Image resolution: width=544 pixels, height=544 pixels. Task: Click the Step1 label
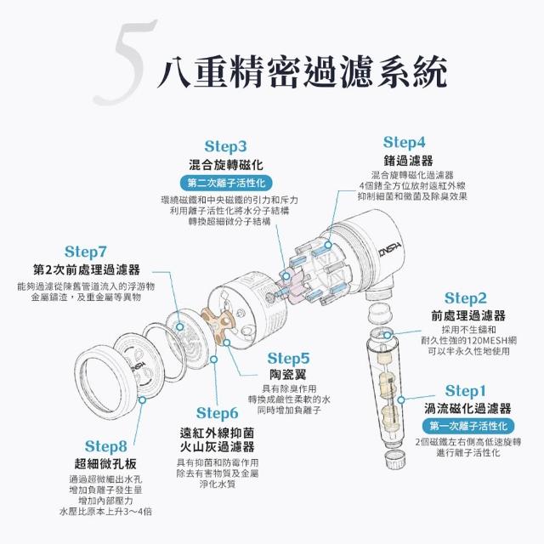[x=465, y=391]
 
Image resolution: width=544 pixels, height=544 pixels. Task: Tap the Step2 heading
[x=465, y=298]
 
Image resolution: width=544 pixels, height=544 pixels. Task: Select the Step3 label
[x=225, y=146]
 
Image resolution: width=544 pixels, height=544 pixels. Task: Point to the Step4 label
[x=404, y=142]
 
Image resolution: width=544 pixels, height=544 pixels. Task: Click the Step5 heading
[x=288, y=359]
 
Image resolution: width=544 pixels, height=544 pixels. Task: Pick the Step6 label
[x=218, y=413]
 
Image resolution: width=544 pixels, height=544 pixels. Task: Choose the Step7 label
[x=85, y=252]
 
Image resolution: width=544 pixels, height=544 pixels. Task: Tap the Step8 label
[x=105, y=446]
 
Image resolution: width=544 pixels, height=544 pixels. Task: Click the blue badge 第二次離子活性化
[x=226, y=184]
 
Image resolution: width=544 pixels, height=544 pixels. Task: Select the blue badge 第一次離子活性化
[x=468, y=426]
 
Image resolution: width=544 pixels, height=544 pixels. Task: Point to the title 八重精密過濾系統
[x=302, y=72]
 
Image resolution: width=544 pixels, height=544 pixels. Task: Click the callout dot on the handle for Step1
[x=401, y=399]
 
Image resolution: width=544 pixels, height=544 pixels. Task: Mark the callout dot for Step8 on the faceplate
[x=142, y=399]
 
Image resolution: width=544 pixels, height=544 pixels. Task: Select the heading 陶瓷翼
[x=288, y=375]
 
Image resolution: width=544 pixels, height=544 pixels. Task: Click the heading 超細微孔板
[x=105, y=463]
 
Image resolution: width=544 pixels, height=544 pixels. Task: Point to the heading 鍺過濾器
[x=408, y=161]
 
